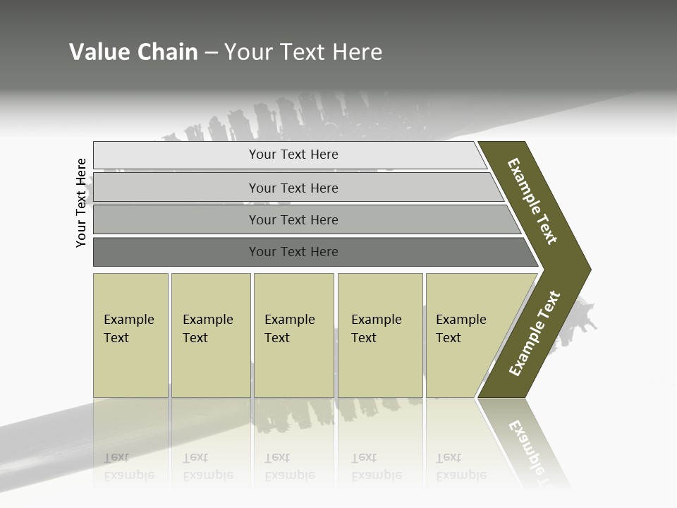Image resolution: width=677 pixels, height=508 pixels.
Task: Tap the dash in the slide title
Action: [x=211, y=53]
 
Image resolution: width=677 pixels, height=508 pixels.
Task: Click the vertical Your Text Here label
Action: [x=81, y=203]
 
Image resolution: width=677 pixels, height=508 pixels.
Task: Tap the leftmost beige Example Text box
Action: [x=130, y=335]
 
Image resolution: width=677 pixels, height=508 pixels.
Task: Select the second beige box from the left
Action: [x=211, y=335]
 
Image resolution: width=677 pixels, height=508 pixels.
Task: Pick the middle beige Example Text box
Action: [x=293, y=335]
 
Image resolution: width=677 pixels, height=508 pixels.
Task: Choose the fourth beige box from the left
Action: [x=380, y=335]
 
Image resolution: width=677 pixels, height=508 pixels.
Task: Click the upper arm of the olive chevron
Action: [x=533, y=201]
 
